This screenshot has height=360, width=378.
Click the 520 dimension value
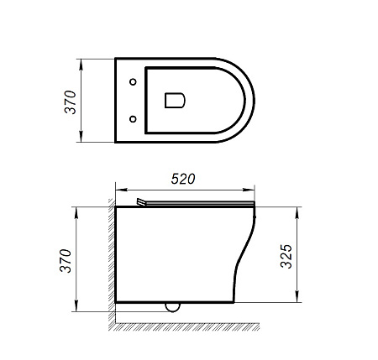coord(183,178)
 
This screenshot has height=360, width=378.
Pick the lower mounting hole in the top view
coord(134,119)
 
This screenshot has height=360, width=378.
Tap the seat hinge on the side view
coord(140,202)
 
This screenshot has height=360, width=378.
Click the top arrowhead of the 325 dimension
coord(298,209)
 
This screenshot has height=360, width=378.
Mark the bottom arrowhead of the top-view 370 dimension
coord(81,140)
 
